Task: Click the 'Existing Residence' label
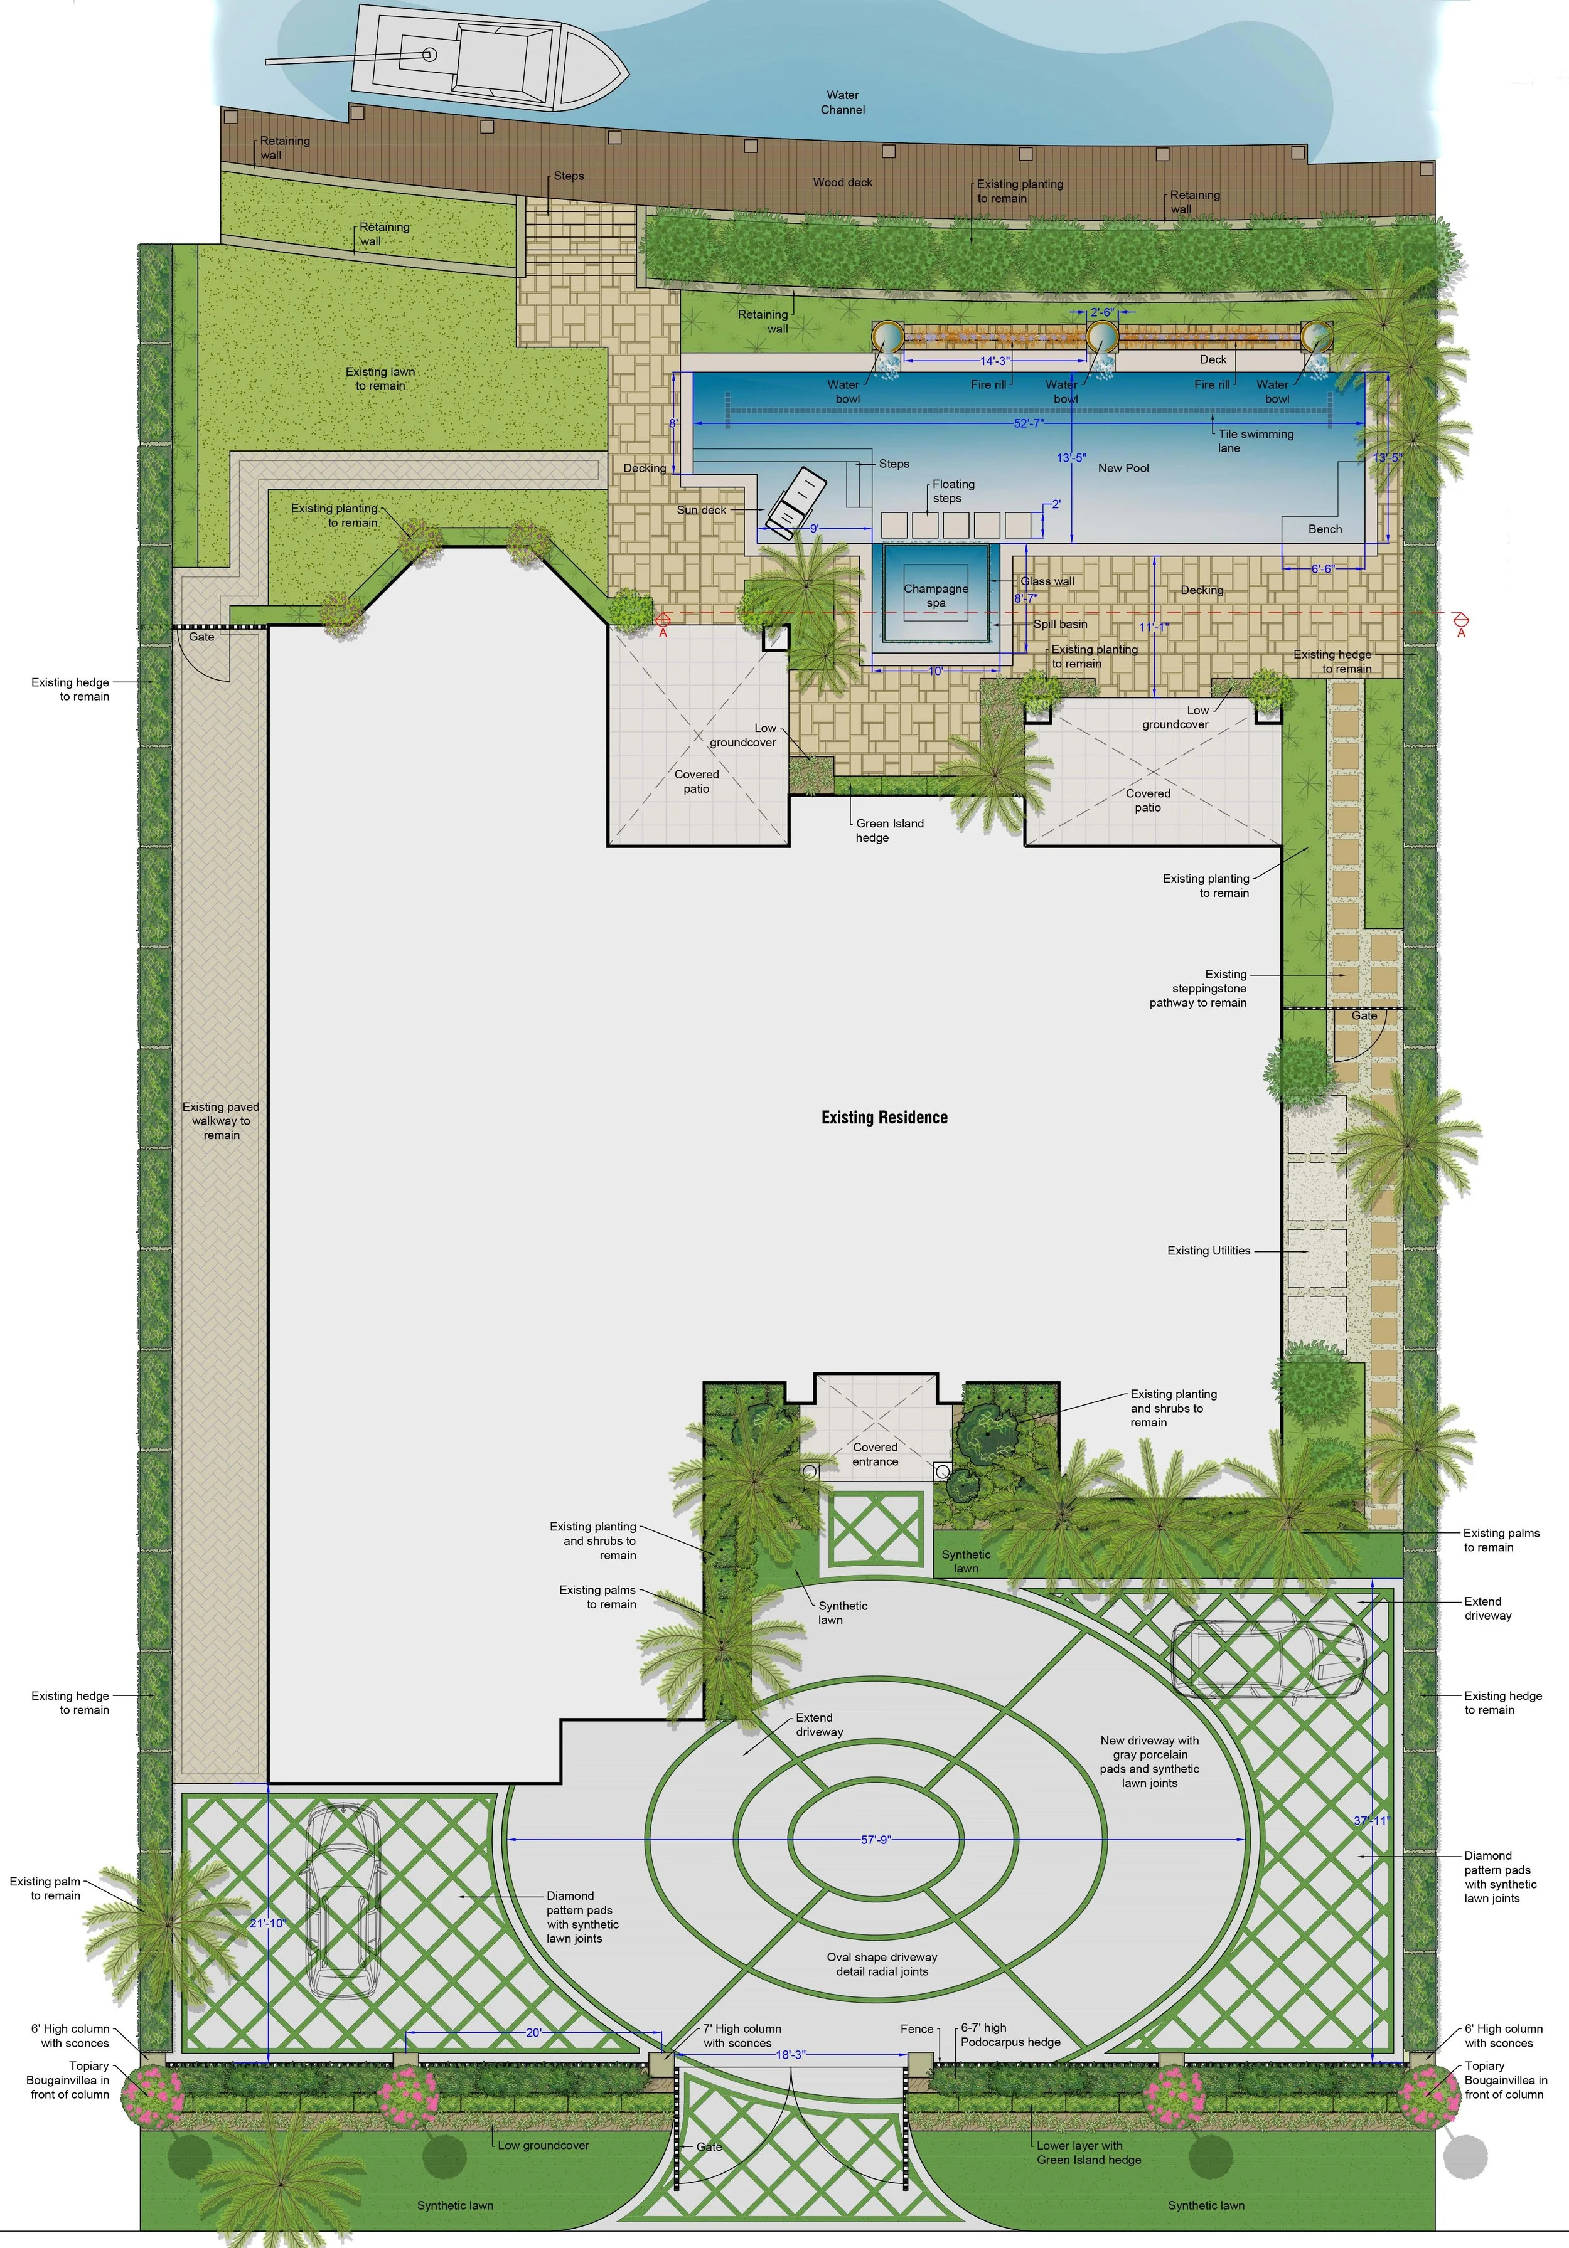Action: (x=884, y=1117)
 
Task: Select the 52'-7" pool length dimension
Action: (x=1029, y=423)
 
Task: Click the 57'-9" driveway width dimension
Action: (x=876, y=1840)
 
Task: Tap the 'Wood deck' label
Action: (x=842, y=182)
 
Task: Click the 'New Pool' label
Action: (x=1123, y=468)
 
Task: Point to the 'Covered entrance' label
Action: (x=875, y=1454)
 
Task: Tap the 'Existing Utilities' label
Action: (x=1209, y=1250)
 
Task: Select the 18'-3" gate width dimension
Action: (x=790, y=2054)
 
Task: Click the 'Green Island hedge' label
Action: (x=889, y=830)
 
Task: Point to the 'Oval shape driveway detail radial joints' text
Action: (x=881, y=1964)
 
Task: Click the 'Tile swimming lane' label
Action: (x=1256, y=440)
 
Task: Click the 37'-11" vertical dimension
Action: (x=1371, y=1820)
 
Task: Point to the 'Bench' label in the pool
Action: (x=1325, y=529)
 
